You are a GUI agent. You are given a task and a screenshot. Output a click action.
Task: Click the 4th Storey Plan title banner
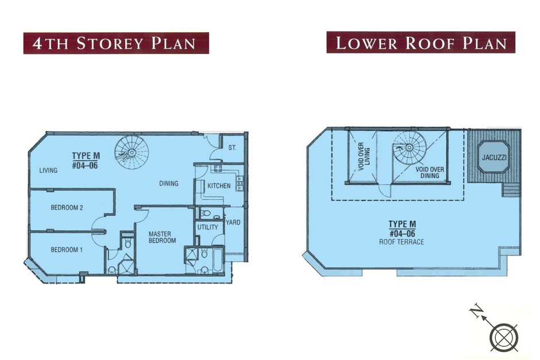[116, 43]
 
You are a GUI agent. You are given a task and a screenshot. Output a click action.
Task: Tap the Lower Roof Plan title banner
[421, 42]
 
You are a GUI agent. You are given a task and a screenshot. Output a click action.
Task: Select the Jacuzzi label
[494, 158]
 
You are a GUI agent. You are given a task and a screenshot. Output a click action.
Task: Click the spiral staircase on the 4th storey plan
[132, 152]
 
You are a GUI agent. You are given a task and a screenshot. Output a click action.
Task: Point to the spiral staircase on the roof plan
[409, 148]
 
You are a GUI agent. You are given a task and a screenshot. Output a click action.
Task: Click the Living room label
[48, 171]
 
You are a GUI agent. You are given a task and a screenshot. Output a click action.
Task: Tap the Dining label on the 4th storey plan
[169, 183]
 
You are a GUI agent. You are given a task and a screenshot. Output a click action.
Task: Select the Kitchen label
[219, 186]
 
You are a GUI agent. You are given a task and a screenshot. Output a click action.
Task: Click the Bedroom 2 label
[67, 207]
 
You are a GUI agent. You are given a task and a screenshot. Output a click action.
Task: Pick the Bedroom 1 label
[67, 250]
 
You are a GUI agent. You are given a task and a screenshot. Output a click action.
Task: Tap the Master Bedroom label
[162, 237]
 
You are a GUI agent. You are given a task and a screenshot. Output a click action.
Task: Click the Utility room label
[207, 227]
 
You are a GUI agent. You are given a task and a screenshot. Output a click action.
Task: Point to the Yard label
[233, 222]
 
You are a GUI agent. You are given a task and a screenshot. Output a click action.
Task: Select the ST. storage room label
[233, 148]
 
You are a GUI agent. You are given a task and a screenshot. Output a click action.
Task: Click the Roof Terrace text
[402, 242]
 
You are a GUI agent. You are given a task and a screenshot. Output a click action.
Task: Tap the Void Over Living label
[364, 157]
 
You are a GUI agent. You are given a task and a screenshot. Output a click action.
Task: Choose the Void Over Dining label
[430, 172]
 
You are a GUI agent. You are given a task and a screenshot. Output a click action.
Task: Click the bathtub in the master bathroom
[218, 260]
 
